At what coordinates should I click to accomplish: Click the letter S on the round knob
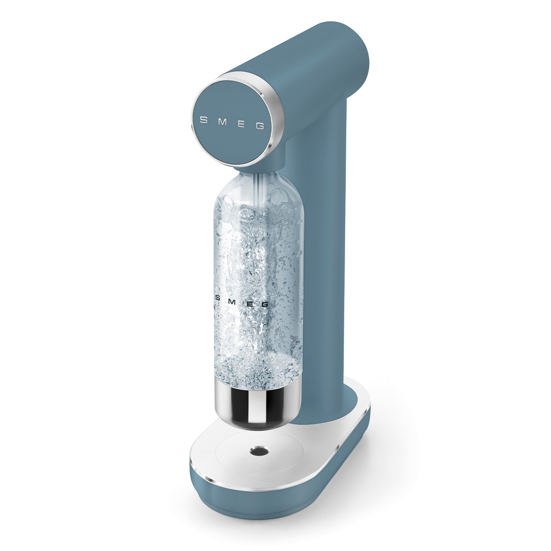[x=204, y=120]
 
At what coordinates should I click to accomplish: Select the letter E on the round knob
[x=240, y=124]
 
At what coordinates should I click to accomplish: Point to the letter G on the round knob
[x=260, y=126]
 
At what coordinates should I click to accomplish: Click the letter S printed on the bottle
[x=218, y=298]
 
